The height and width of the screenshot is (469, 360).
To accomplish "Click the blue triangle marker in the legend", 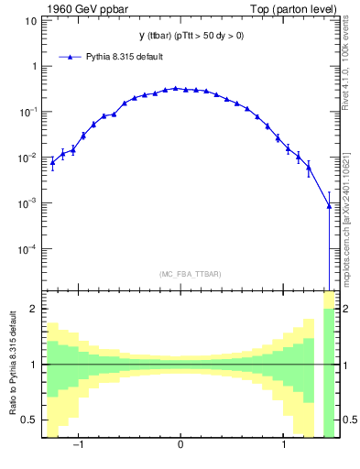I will click(72, 57).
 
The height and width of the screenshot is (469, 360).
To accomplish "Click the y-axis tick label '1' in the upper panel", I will click(33, 66).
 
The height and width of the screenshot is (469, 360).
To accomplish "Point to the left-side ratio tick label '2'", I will click(33, 309).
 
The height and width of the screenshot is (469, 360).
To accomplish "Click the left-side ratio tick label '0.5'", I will click(29, 420).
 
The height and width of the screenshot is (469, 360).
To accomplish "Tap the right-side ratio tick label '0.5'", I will click(347, 420).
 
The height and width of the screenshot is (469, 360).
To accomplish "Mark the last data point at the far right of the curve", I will click(329, 206).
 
